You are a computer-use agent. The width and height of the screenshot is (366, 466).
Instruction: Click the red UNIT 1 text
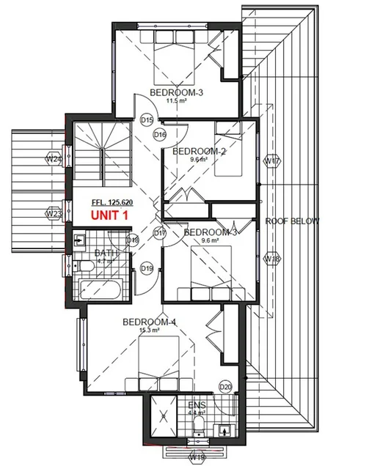(x=112, y=216)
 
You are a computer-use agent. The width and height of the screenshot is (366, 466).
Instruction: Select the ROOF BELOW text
(x=289, y=220)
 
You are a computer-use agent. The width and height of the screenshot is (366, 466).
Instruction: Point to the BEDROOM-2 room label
(x=198, y=152)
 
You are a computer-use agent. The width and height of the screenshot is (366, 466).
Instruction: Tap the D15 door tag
(x=146, y=119)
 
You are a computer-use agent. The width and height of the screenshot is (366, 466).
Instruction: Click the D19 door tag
(x=146, y=269)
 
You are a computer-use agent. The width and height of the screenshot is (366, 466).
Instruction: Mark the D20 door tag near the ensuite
(x=225, y=387)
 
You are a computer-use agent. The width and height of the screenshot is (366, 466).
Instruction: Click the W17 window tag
(x=272, y=161)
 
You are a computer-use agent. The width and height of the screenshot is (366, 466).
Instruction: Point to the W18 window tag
(x=272, y=259)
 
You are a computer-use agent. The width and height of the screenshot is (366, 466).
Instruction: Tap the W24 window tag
(x=53, y=158)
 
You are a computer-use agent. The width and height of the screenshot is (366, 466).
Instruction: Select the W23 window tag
(x=53, y=214)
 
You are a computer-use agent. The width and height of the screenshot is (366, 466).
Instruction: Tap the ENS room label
(x=197, y=405)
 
